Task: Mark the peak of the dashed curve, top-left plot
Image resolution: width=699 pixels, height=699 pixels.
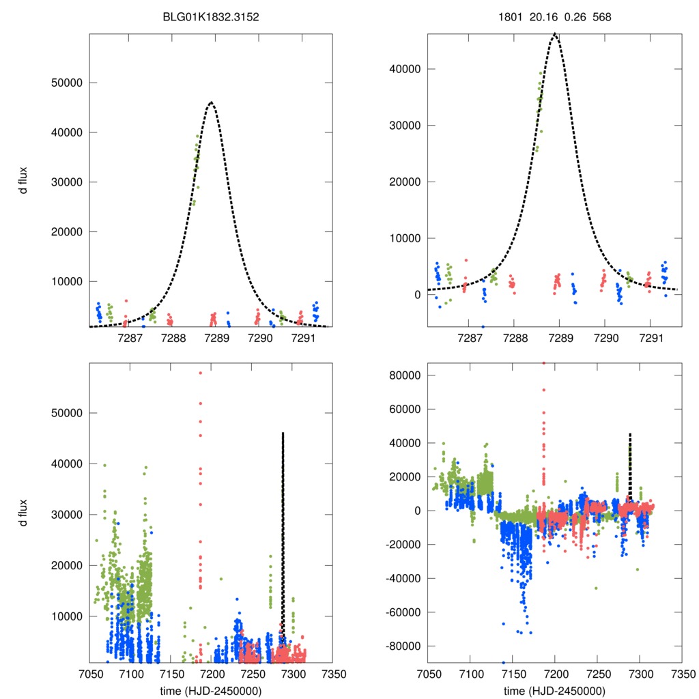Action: point(211,102)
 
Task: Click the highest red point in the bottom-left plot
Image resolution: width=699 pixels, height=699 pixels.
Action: point(200,373)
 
